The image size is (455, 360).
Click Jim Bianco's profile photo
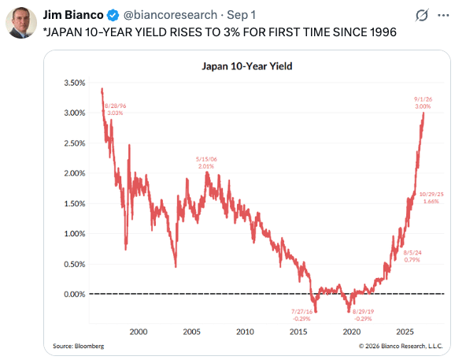[x=21, y=23]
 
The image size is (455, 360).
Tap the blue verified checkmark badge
[x=113, y=15]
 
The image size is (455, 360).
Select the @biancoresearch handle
[x=170, y=15]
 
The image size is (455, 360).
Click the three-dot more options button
[x=443, y=16]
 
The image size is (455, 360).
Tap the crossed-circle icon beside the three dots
[x=422, y=15]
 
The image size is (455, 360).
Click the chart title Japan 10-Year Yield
[x=247, y=66]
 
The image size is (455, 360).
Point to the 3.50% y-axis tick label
[x=75, y=83]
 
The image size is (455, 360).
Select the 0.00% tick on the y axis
[x=75, y=294]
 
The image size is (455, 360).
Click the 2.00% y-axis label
[x=75, y=173]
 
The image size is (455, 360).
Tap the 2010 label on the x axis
[x=245, y=332]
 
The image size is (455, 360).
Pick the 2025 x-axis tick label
[x=405, y=332]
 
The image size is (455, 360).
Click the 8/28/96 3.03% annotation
[x=115, y=109]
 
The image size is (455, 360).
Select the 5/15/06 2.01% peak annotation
[x=206, y=162]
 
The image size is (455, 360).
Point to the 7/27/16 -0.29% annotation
[x=301, y=315]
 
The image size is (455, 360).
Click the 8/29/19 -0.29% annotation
[x=363, y=315]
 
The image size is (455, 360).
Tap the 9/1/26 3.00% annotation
[x=423, y=102]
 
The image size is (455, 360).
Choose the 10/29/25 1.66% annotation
[x=431, y=198]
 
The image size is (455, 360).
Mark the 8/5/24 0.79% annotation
[x=412, y=256]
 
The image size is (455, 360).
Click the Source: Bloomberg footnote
[x=79, y=346]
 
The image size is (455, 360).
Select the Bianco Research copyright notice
[x=401, y=346]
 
